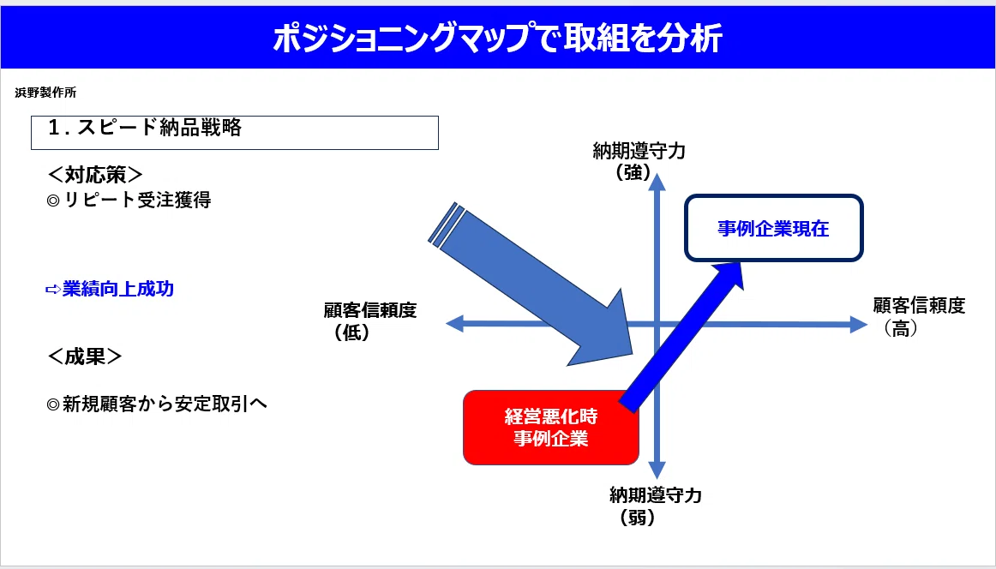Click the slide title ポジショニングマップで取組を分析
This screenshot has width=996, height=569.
click(x=497, y=38)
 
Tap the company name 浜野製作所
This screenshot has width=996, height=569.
click(x=45, y=93)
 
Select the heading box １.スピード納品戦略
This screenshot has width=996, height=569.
click(x=234, y=132)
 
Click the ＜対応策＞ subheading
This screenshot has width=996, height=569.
click(x=95, y=174)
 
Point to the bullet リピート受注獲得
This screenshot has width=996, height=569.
click(x=129, y=200)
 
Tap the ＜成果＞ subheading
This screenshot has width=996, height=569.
click(x=85, y=356)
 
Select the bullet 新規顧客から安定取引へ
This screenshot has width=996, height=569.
click(x=157, y=404)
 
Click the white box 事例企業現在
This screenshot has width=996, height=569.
click(x=774, y=228)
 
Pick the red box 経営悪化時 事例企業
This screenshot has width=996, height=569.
click(x=551, y=428)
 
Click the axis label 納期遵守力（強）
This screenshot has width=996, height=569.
click(x=639, y=161)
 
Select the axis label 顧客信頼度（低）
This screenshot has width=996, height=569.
click(x=369, y=320)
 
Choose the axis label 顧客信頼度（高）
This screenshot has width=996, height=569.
click(x=919, y=315)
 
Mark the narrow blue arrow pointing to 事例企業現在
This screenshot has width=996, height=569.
click(x=681, y=335)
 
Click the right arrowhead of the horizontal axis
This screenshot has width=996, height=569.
click(x=860, y=325)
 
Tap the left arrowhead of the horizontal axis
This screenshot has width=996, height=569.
click(x=455, y=323)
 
